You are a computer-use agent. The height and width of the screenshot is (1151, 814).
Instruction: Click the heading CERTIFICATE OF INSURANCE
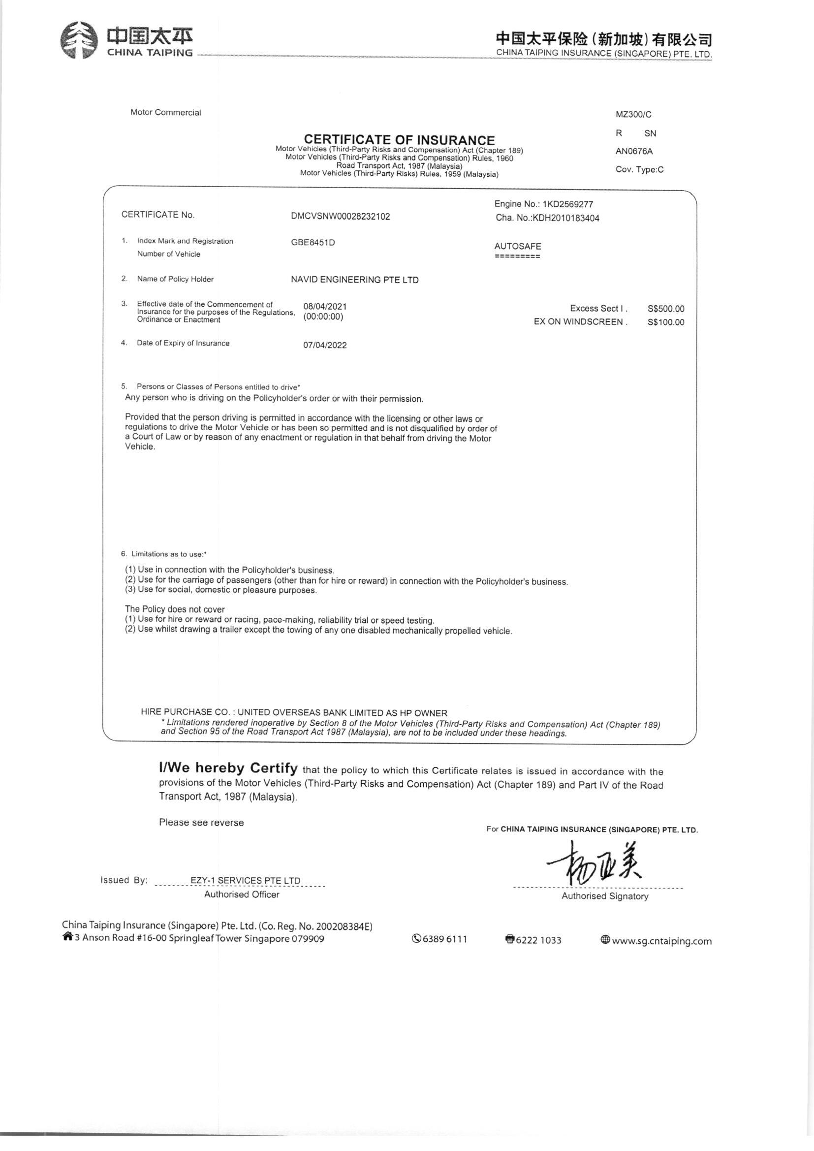coord(400,140)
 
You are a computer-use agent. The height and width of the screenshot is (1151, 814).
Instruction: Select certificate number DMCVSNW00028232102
coord(341,217)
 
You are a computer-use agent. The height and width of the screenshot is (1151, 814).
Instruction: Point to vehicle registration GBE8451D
coord(313,243)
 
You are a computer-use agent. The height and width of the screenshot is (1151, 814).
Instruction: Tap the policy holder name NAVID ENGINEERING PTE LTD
coord(354,280)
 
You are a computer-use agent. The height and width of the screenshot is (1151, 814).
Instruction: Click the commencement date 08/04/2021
coord(325,306)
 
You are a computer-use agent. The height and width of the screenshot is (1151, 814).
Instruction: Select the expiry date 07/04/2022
coord(325,346)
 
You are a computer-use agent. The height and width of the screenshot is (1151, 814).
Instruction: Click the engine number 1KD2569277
coord(568,204)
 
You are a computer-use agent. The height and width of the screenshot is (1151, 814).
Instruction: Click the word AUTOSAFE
coord(517,246)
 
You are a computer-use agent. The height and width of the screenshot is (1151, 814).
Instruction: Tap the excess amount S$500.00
coord(666,309)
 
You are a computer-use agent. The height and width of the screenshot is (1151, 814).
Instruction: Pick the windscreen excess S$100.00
coord(666,322)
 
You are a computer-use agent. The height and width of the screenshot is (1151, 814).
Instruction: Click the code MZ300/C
coord(633,114)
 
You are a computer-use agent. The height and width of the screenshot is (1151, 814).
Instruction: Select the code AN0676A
coord(633,151)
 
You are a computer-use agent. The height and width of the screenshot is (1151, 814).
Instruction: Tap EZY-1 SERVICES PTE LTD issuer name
coord(245,880)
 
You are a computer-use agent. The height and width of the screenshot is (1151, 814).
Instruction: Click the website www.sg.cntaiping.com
coord(661,941)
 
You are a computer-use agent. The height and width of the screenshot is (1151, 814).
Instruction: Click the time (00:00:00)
coord(323,317)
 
